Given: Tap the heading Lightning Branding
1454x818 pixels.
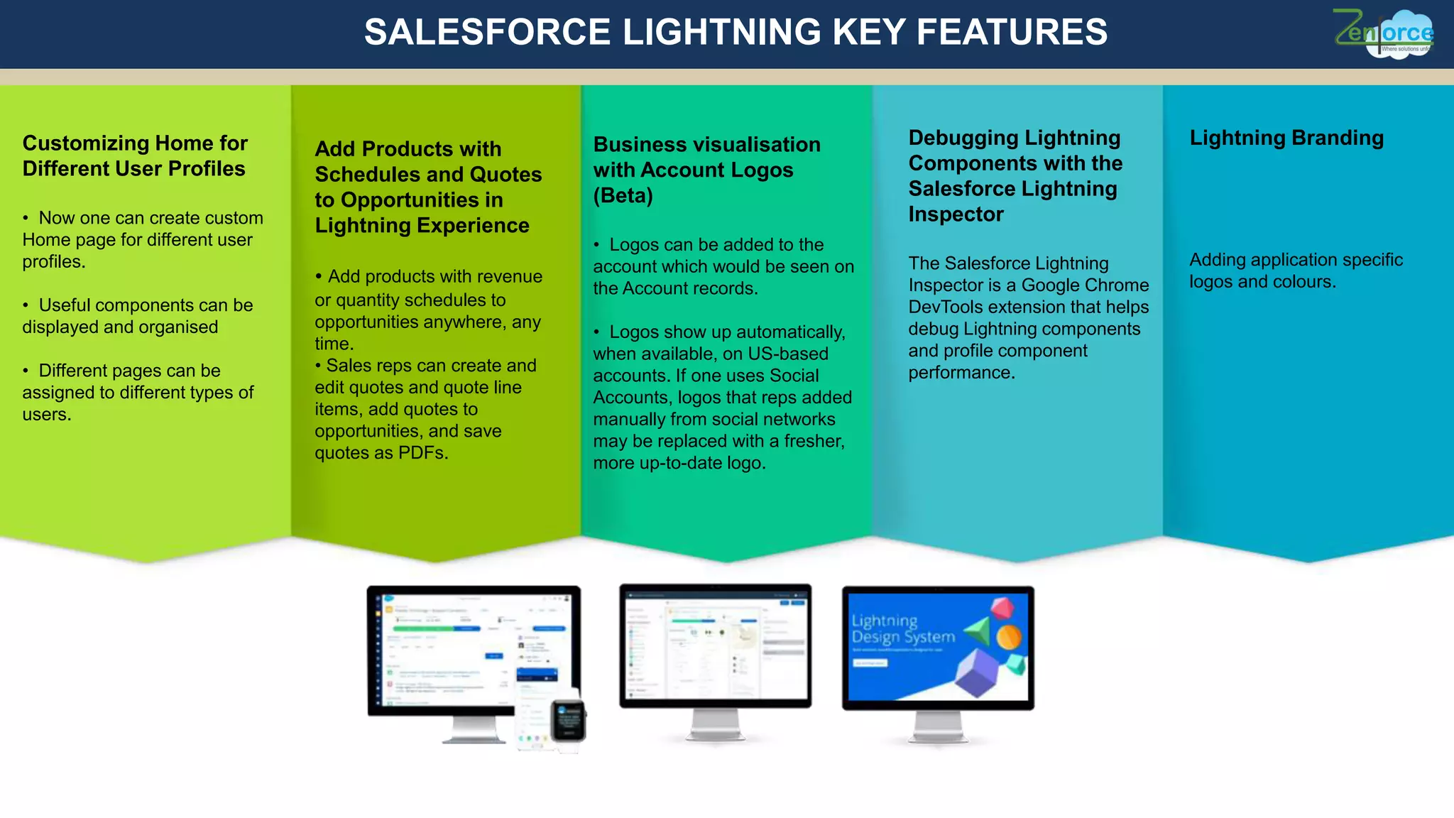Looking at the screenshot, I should [x=1286, y=138].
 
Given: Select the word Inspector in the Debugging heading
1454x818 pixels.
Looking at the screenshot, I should [x=956, y=214].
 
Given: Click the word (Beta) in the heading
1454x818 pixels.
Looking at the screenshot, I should [x=623, y=196].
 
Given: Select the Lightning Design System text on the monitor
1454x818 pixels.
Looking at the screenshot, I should [x=902, y=629].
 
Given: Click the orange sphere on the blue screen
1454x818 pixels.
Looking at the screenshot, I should [x=1009, y=637].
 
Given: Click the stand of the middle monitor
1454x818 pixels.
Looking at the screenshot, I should [x=715, y=724].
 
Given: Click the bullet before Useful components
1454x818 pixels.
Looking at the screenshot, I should [x=26, y=306].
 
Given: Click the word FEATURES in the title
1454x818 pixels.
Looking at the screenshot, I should [x=1011, y=33].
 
